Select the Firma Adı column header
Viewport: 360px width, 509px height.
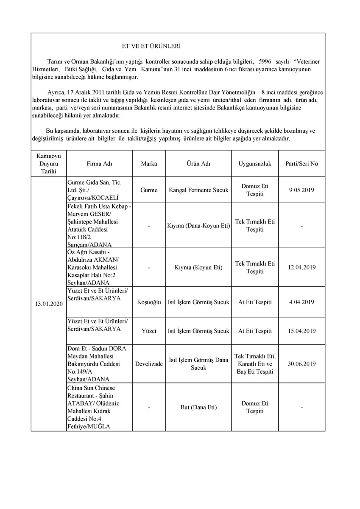pyautogui.click(x=100, y=164)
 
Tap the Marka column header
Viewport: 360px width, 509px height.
pyautogui.click(x=149, y=164)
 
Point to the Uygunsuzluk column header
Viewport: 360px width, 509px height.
pyautogui.click(x=255, y=164)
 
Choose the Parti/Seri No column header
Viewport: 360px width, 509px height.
pyautogui.click(x=301, y=164)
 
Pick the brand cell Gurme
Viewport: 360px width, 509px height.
pyautogui.click(x=149, y=190)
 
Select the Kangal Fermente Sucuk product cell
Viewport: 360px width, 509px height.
pyautogui.click(x=198, y=190)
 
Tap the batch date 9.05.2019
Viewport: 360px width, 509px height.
pyautogui.click(x=301, y=190)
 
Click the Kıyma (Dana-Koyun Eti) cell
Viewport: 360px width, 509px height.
pyautogui.click(x=198, y=226)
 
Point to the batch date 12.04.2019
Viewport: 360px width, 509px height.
pyautogui.click(x=301, y=268)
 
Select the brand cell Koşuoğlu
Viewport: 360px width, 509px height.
pyautogui.click(x=149, y=302)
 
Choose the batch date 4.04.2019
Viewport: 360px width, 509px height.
pyautogui.click(x=301, y=302)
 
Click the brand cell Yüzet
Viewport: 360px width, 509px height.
pyautogui.click(x=149, y=331)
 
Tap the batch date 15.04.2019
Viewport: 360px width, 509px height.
pyautogui.click(x=301, y=331)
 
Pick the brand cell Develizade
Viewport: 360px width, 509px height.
pyautogui.click(x=149, y=364)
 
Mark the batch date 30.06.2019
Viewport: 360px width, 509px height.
pyautogui.click(x=301, y=364)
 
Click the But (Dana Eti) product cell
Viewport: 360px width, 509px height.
pyautogui.click(x=198, y=408)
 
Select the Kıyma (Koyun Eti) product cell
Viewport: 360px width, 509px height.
pyautogui.click(x=198, y=268)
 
